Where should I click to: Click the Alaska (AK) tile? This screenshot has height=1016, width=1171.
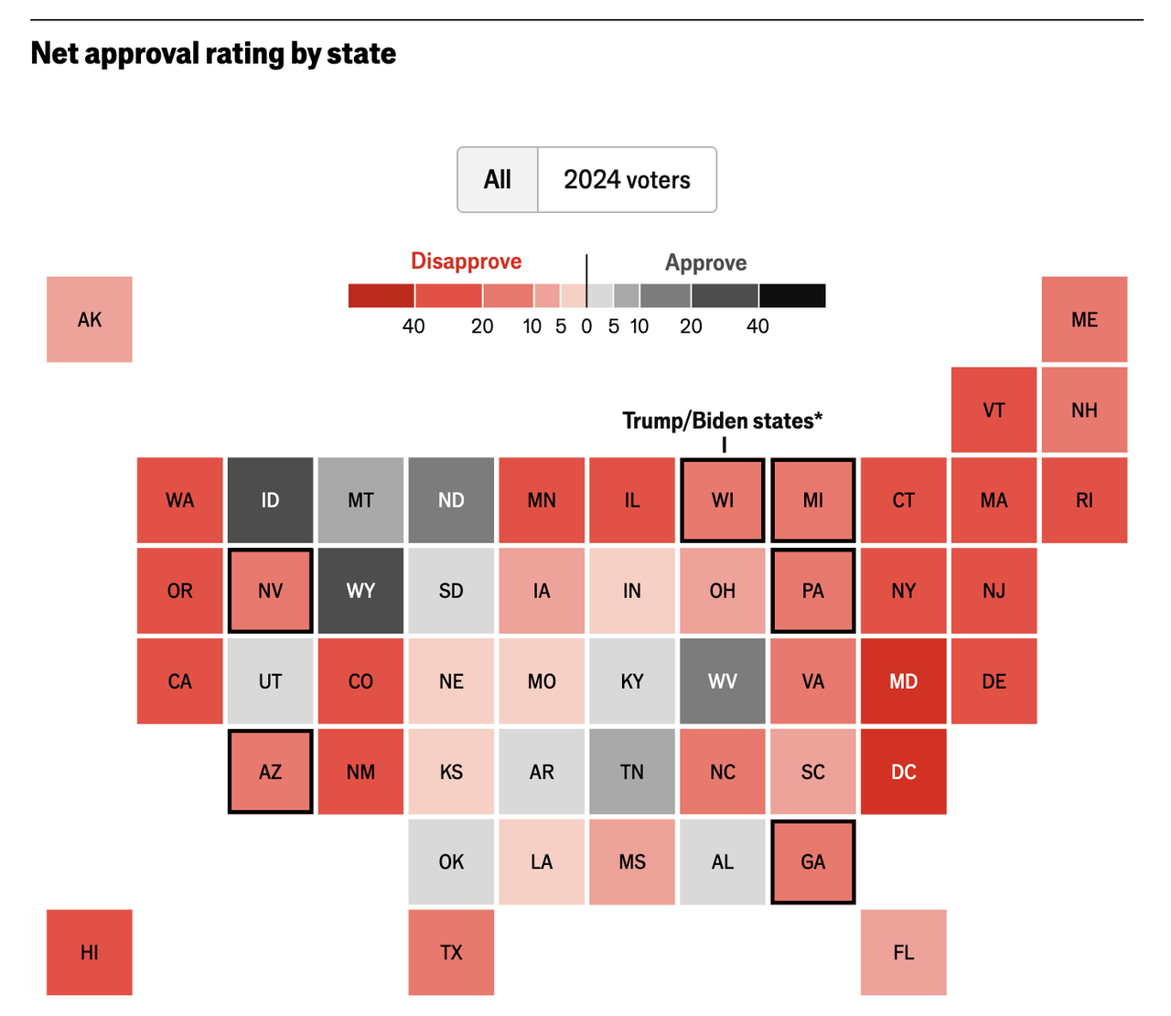pos(90,319)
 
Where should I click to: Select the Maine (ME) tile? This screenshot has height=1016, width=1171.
pos(1084,319)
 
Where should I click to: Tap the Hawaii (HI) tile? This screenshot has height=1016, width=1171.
pos(90,952)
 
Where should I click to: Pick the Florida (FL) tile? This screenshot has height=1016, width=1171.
pos(903,952)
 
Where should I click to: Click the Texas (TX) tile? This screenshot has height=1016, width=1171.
pos(451,952)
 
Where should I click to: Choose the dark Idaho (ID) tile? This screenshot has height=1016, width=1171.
pos(270,500)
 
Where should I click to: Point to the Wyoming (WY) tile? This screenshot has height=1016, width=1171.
pos(360,591)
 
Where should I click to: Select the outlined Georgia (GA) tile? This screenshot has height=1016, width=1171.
pos(812,861)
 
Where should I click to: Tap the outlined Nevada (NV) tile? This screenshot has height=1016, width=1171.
pos(270,591)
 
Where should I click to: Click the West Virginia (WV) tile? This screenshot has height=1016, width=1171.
pos(722,681)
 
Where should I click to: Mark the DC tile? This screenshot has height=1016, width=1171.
pos(903,772)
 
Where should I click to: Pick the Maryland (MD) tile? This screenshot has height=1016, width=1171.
pos(903,681)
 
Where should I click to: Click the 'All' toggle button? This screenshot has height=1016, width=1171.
pos(498,179)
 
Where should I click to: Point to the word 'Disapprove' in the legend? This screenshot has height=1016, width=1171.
pos(466,262)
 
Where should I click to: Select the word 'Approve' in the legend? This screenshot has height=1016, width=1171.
pos(705,263)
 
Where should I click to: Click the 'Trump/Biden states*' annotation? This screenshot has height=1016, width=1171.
pos(722,421)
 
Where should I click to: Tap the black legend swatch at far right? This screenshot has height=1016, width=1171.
pos(792,295)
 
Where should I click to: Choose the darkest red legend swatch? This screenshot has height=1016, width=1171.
pos(381,295)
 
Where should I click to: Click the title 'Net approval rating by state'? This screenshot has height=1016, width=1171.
pos(213,53)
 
